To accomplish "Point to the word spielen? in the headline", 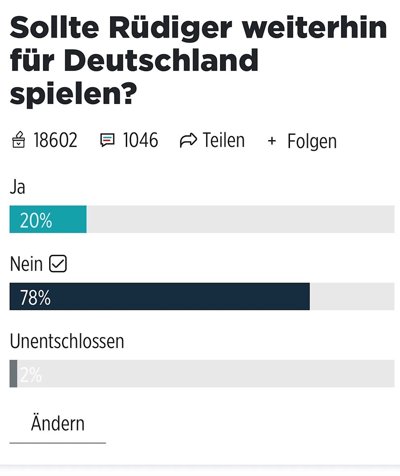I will (71, 94).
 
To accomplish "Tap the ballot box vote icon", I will (19, 141).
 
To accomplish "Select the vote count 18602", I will (55, 141).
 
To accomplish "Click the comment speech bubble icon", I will (107, 141).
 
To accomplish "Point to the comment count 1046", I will (140, 141).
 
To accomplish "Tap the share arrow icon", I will (188, 141).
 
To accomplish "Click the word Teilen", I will (223, 141).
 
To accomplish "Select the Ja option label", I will (17, 187).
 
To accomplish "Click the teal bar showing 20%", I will (48, 219).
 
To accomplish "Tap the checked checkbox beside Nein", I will (58, 264).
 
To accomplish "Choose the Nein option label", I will (26, 264).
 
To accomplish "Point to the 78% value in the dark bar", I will (35, 298).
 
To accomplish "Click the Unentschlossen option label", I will (67, 341).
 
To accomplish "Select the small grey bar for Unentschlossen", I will (13, 374).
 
